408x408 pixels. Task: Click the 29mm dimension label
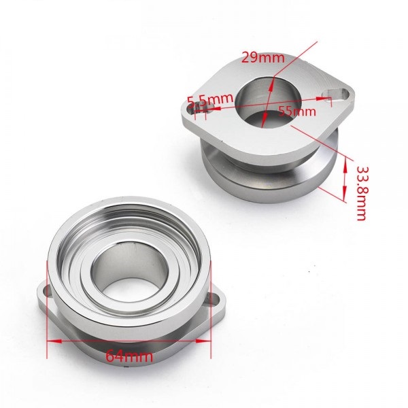(262, 58)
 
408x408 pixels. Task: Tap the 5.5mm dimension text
(210, 100)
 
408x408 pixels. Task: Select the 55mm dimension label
(297, 112)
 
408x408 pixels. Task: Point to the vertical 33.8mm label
(362, 193)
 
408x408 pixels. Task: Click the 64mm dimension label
(129, 356)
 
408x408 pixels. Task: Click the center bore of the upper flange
(268, 102)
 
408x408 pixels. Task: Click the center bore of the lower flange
(129, 269)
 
